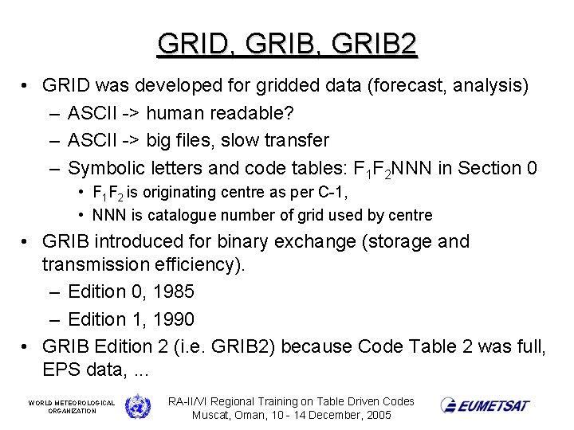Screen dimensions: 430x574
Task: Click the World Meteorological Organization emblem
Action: click(138, 405)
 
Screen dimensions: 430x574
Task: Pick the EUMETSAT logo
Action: click(485, 405)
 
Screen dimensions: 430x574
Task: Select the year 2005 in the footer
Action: click(376, 416)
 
